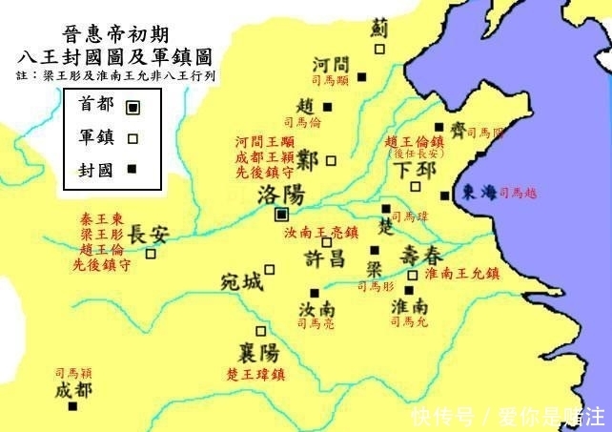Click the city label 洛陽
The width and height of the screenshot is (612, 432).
[x=281, y=195]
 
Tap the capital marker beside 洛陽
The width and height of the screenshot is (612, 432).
[x=281, y=216]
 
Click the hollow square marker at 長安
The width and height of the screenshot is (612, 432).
[x=150, y=254]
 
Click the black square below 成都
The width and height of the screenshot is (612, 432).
[x=72, y=406]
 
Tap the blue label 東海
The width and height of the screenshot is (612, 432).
[x=479, y=191]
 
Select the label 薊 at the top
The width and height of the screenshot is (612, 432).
[x=379, y=29]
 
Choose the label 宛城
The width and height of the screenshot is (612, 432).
[x=239, y=282]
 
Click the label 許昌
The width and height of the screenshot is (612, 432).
[x=325, y=259]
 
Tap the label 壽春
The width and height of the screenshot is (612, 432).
[x=420, y=255]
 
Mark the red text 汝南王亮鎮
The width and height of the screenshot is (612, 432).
[x=321, y=233]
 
